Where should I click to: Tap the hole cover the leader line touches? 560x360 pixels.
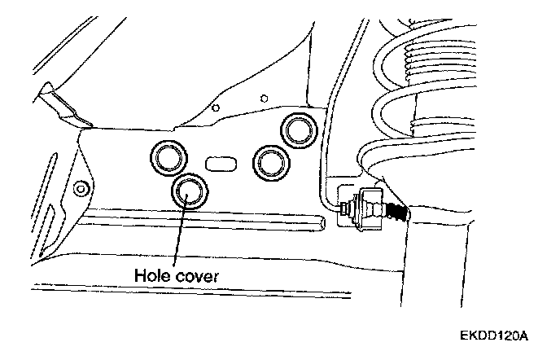click(190, 192)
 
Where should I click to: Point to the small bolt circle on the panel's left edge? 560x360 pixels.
click(79, 190)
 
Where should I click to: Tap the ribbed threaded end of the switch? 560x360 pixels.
click(396, 212)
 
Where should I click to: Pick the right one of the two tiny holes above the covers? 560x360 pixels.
click(262, 99)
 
